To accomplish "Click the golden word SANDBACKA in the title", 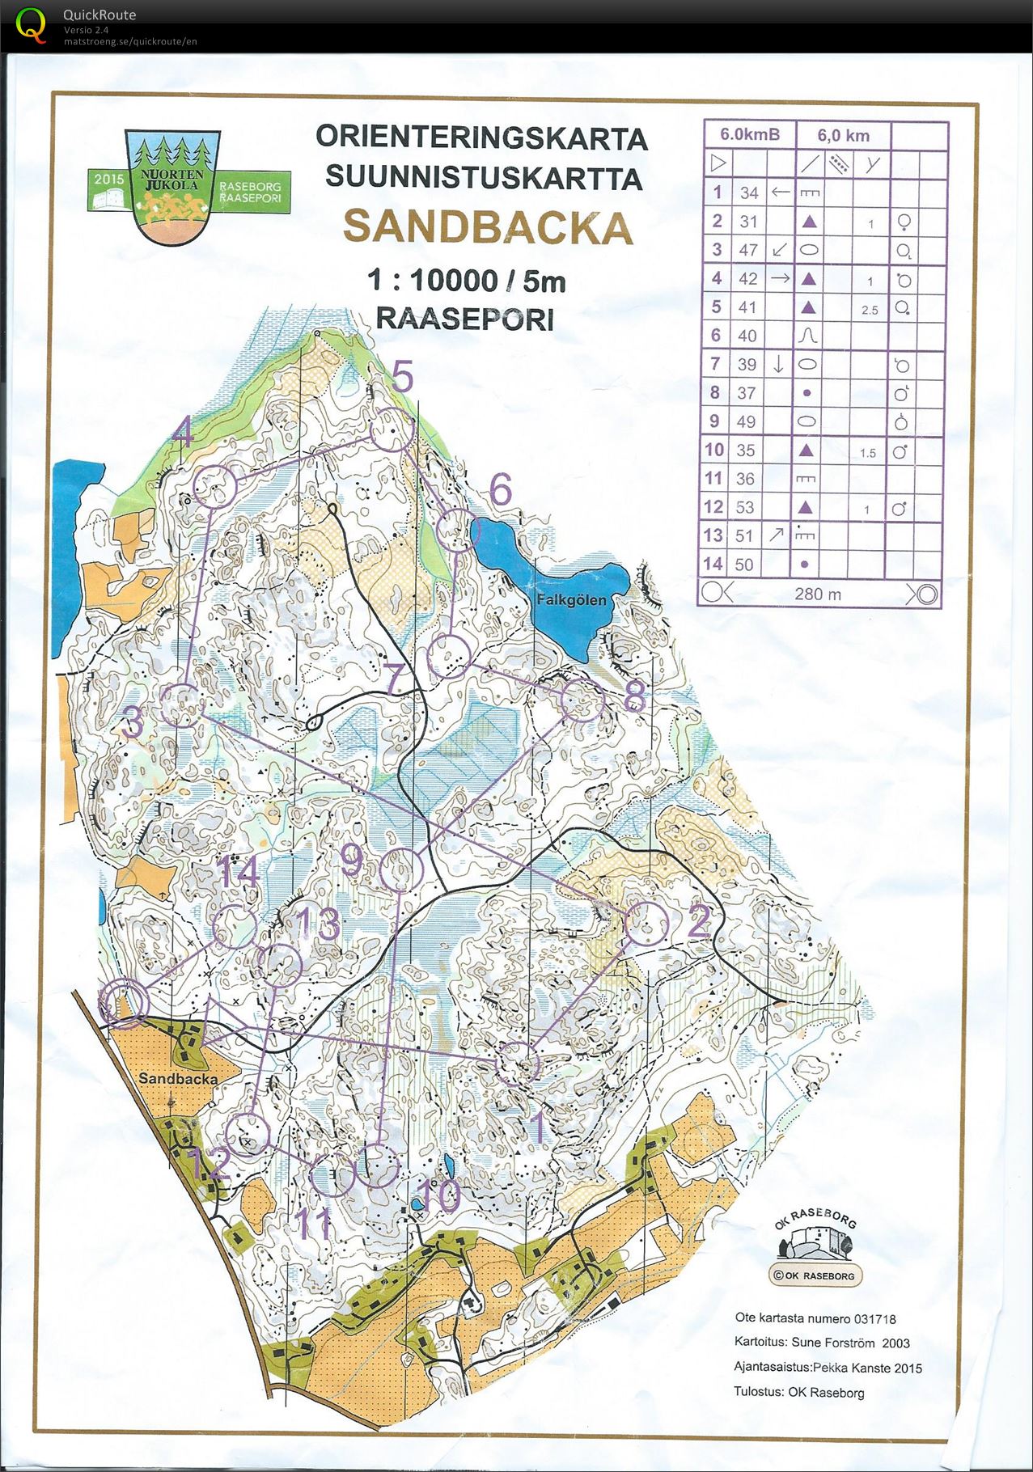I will [x=488, y=228].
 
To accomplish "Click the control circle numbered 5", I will [x=392, y=429].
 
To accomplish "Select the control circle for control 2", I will [x=647, y=924].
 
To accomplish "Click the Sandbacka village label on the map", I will [x=177, y=1079].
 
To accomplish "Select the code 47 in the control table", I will [x=748, y=250].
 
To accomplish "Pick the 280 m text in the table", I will [x=818, y=594].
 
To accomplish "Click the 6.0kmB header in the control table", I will [x=750, y=134].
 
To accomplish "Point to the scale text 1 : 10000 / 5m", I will [x=466, y=281].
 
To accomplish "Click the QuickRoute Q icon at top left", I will [x=31, y=23].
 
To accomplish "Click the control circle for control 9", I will [x=401, y=870].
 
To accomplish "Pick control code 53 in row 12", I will [x=744, y=507].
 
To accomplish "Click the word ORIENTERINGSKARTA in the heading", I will [x=481, y=137].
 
